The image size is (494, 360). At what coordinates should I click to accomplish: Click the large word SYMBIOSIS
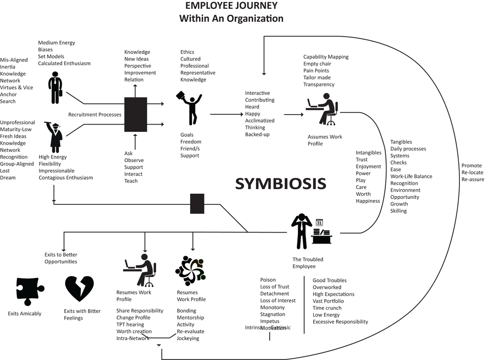(x=280, y=183)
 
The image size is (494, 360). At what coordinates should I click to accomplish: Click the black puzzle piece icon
(x=30, y=290)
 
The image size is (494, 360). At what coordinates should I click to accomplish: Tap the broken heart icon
(x=79, y=289)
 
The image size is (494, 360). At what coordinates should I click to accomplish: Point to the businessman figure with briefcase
(x=55, y=88)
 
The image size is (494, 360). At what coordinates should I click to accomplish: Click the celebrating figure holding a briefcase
(x=190, y=108)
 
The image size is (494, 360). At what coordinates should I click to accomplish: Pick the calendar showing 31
(x=319, y=223)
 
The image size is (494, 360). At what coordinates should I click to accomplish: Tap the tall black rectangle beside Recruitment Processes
(x=135, y=114)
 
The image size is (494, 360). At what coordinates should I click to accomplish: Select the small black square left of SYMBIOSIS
(x=197, y=203)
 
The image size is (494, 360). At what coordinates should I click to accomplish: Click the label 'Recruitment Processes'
(x=94, y=115)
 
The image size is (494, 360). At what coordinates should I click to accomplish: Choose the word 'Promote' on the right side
(x=471, y=165)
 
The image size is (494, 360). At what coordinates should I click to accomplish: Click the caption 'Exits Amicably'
(x=25, y=314)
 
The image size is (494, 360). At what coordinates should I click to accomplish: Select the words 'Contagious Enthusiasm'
(x=66, y=178)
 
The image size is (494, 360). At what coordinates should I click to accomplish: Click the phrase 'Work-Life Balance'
(x=411, y=176)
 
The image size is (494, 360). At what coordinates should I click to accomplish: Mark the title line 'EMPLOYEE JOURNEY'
(x=231, y=6)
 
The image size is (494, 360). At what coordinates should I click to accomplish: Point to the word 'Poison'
(x=268, y=280)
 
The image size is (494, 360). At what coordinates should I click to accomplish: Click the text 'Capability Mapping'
(x=326, y=57)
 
